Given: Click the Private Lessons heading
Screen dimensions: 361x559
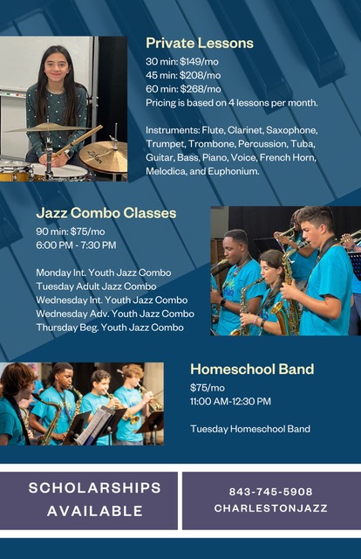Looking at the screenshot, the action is tap(200, 43).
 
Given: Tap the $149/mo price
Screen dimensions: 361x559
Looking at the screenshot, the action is tap(199, 62).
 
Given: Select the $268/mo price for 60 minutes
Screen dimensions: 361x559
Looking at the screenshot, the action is tap(200, 89).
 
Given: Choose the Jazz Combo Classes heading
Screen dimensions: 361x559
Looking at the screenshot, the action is tap(106, 213).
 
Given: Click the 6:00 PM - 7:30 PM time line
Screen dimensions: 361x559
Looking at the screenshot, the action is tap(76, 245).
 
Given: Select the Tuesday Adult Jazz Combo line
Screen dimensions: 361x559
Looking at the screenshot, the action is tap(96, 286).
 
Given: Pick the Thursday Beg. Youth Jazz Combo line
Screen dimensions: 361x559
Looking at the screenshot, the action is tap(110, 328).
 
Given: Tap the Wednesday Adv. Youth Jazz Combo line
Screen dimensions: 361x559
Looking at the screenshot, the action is tap(115, 314).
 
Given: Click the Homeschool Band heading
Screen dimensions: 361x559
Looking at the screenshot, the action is tap(252, 369).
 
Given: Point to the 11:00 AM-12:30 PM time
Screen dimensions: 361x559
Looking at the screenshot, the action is tap(230, 402).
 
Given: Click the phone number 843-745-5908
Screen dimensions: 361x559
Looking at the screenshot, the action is tap(270, 492).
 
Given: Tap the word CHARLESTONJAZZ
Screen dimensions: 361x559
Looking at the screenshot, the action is tap(270, 508).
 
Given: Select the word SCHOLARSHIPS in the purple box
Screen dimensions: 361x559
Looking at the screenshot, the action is tap(95, 487).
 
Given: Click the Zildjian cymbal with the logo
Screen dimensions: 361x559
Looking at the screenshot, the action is tap(104, 157).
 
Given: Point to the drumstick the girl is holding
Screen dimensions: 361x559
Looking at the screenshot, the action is tap(77, 141).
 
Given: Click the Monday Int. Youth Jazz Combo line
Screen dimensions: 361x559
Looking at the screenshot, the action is tap(104, 273).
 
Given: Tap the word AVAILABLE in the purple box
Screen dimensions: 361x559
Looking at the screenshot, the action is tap(95, 511).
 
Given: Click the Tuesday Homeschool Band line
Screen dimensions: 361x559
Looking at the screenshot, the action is tap(250, 429).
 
